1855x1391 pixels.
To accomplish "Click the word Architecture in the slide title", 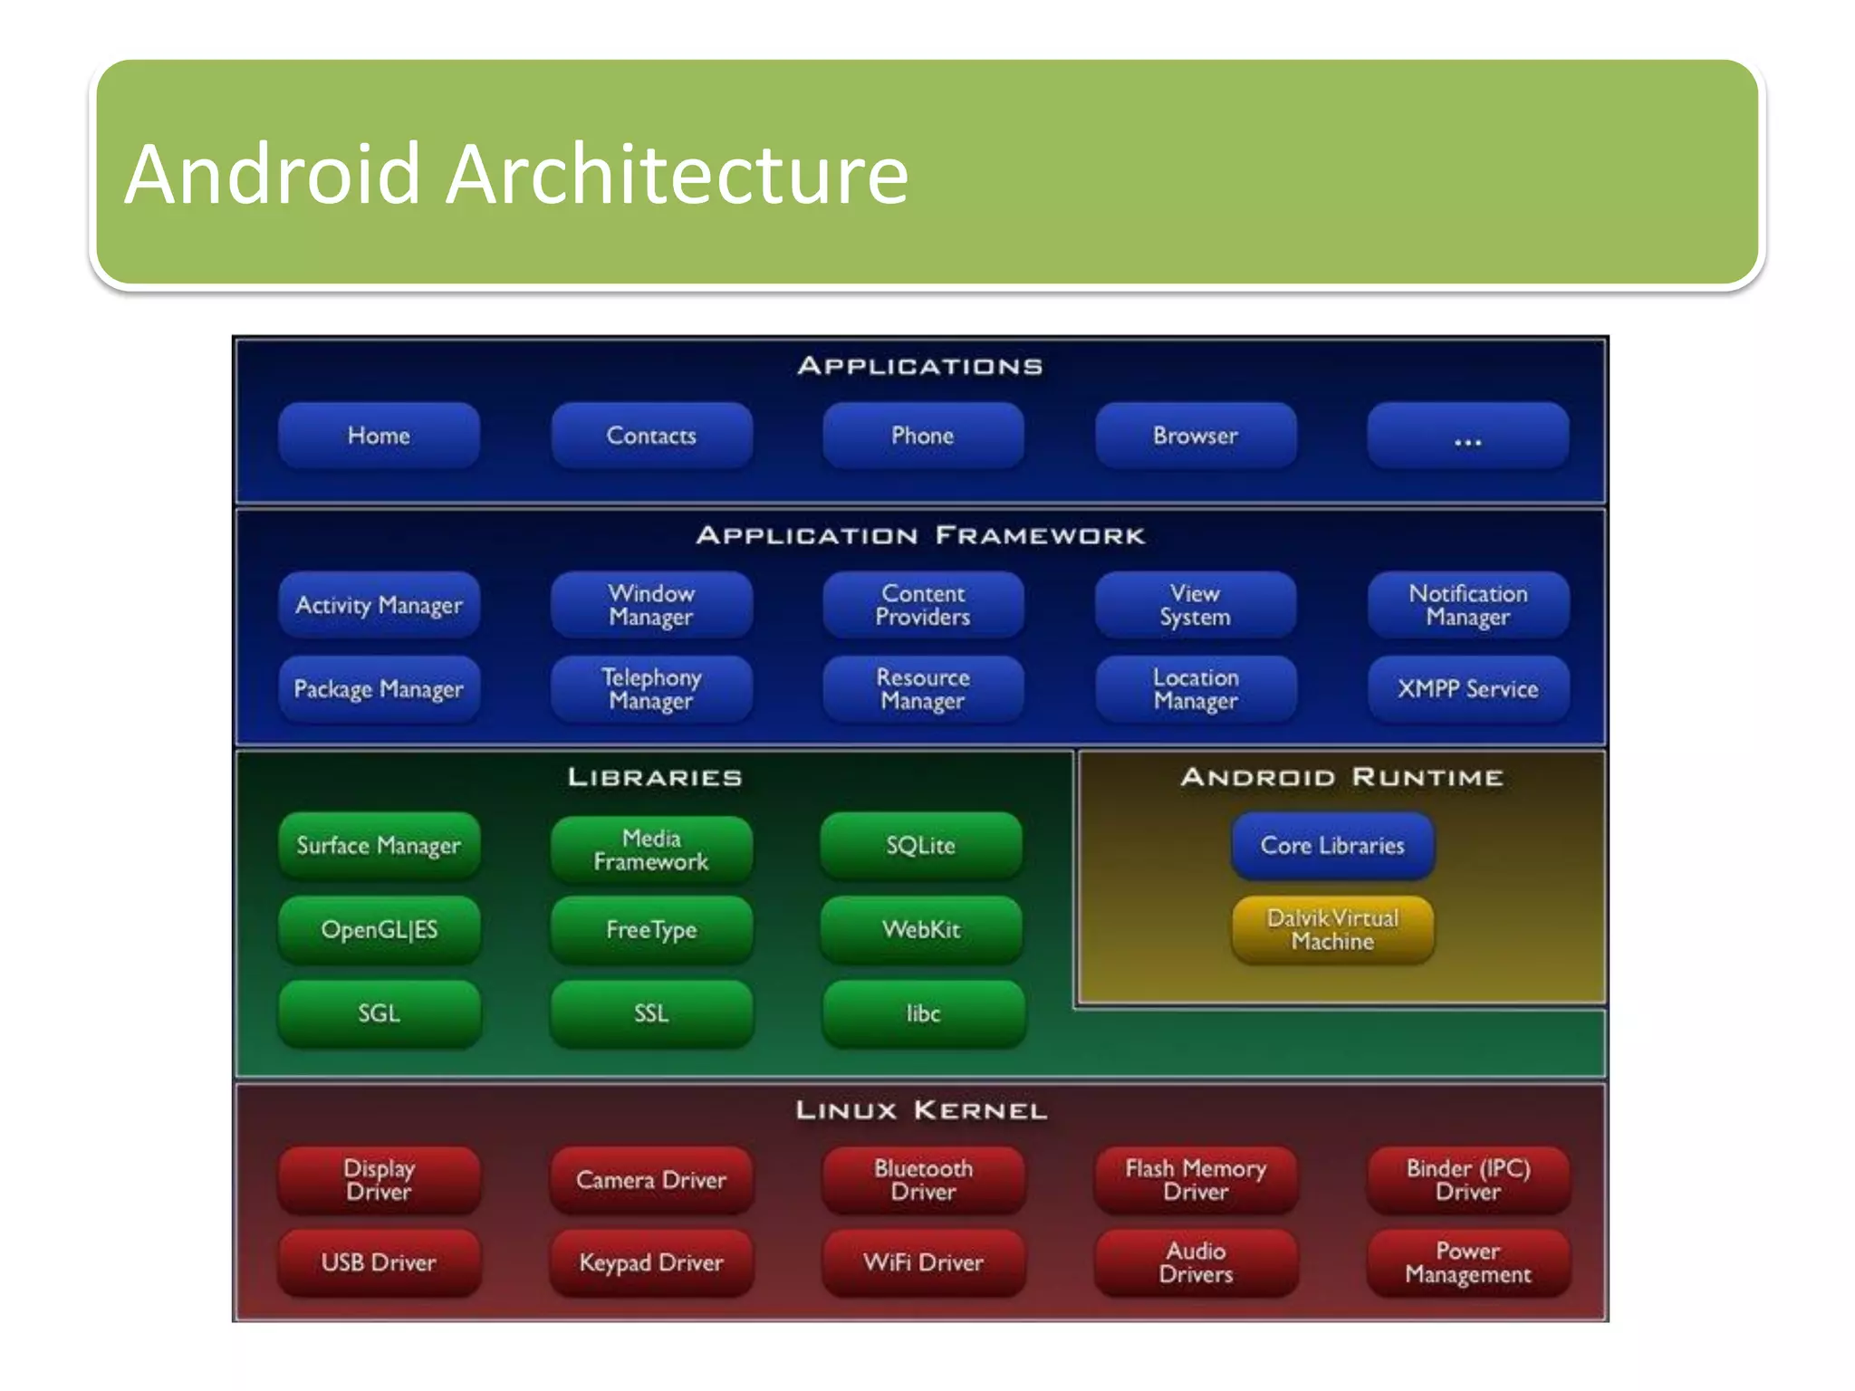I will [677, 174].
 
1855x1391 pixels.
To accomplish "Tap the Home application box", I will [379, 436].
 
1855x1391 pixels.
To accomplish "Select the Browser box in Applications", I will [1195, 436].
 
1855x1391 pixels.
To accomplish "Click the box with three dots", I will [1467, 436].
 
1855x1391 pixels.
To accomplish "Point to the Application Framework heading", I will [920, 535].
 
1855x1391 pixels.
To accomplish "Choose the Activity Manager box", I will [379, 605].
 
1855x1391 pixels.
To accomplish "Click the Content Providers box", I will [923, 605].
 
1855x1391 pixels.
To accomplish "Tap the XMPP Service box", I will [1467, 689].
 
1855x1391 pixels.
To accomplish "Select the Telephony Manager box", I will [651, 689].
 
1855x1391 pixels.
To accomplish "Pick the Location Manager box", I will [1195, 689].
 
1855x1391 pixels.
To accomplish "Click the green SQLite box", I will [921, 845].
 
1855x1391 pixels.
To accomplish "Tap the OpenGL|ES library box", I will [379, 929].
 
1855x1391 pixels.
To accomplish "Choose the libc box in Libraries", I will [923, 1013].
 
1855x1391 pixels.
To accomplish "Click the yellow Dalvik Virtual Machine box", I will [1332, 929].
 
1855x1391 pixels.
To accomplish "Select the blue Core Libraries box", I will [1332, 845].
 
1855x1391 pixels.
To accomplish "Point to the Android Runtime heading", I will [1341, 777].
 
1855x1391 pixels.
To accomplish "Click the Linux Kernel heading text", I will [921, 1110].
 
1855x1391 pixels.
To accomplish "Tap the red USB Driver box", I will [379, 1262].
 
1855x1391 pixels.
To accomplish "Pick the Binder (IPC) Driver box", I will [1467, 1180].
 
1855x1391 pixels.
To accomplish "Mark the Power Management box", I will [1467, 1262].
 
